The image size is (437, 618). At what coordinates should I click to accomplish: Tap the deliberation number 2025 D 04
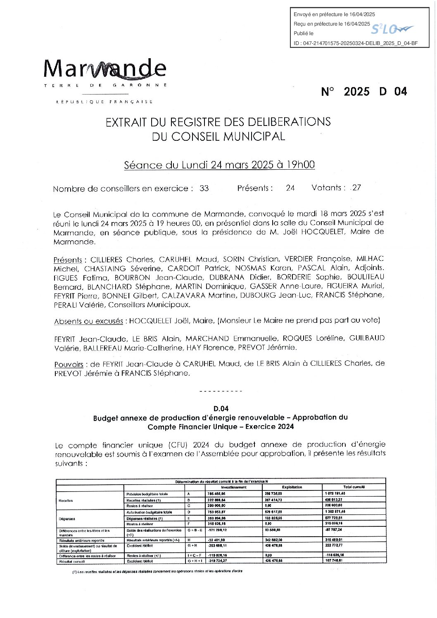click(x=364, y=92)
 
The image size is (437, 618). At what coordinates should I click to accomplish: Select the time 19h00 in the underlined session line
click(x=300, y=165)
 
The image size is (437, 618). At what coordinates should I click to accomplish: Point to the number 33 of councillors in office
click(x=204, y=188)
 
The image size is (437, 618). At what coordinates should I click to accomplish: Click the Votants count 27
click(x=356, y=187)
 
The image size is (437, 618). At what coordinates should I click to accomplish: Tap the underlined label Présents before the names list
click(x=68, y=260)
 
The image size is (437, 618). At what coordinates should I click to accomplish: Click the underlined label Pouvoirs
click(x=69, y=365)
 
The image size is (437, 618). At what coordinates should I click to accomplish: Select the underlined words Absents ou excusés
click(x=88, y=321)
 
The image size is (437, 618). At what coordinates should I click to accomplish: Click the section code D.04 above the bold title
click(x=221, y=409)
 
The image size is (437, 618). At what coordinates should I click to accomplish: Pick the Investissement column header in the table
click(x=234, y=487)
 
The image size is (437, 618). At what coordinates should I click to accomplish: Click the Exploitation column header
click(x=292, y=487)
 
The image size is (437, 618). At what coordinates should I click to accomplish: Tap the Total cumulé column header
click(x=354, y=487)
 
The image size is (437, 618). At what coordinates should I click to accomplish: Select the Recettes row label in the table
click(x=66, y=500)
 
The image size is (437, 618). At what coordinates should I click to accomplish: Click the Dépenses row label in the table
click(x=67, y=519)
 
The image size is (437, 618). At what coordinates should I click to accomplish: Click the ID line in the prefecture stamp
click(x=356, y=43)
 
